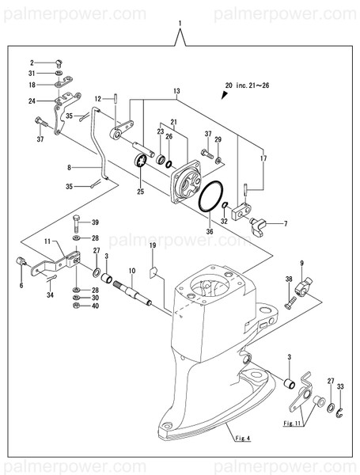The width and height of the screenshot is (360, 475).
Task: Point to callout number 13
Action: tap(175, 91)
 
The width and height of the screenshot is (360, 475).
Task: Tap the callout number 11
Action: tap(47, 241)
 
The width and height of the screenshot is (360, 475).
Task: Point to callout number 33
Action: tap(341, 386)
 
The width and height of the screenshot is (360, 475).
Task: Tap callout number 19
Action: tap(153, 248)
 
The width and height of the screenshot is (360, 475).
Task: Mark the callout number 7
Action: tap(286, 224)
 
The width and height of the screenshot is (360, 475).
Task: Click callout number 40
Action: tap(95, 306)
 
